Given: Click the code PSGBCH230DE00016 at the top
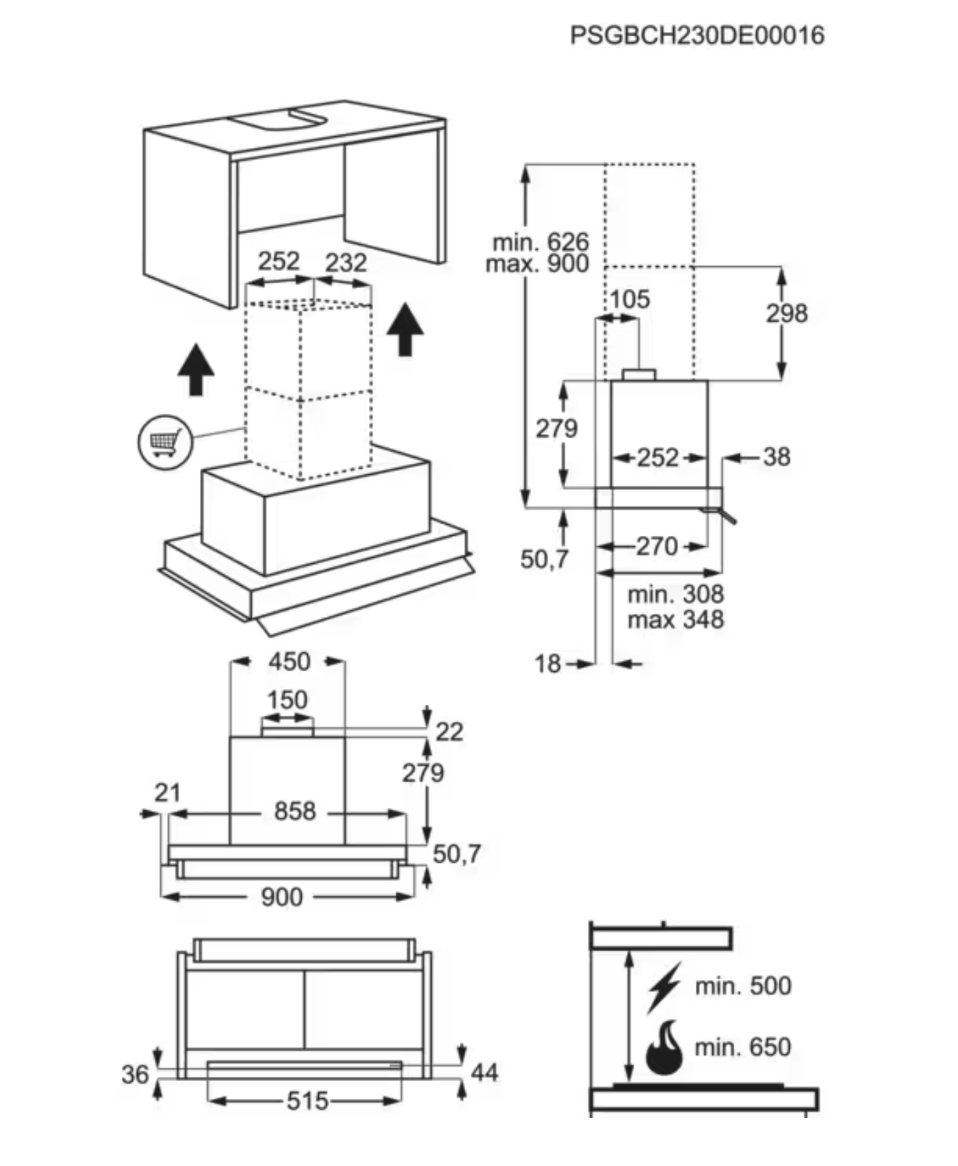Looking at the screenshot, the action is click(697, 35).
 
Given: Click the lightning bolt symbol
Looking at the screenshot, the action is click(664, 987).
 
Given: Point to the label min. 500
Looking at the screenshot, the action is click(743, 986).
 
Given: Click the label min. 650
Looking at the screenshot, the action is click(743, 1047).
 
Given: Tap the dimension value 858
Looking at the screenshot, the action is click(295, 812).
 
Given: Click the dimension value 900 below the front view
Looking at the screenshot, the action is click(282, 897).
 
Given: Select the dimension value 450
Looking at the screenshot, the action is click(289, 662).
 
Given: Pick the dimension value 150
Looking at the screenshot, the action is click(287, 700).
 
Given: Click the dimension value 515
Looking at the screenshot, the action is click(308, 1101).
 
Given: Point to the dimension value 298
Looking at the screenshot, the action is click(787, 313).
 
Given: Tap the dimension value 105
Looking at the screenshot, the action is click(630, 299).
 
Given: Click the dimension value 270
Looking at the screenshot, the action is click(657, 546).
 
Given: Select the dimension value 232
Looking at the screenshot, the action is click(346, 263).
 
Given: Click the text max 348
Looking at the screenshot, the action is click(675, 620).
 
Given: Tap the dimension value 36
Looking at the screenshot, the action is click(135, 1074).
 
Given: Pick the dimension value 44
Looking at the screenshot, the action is click(484, 1072).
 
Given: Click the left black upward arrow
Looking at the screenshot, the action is click(196, 370).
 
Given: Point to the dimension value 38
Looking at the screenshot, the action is click(777, 457).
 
